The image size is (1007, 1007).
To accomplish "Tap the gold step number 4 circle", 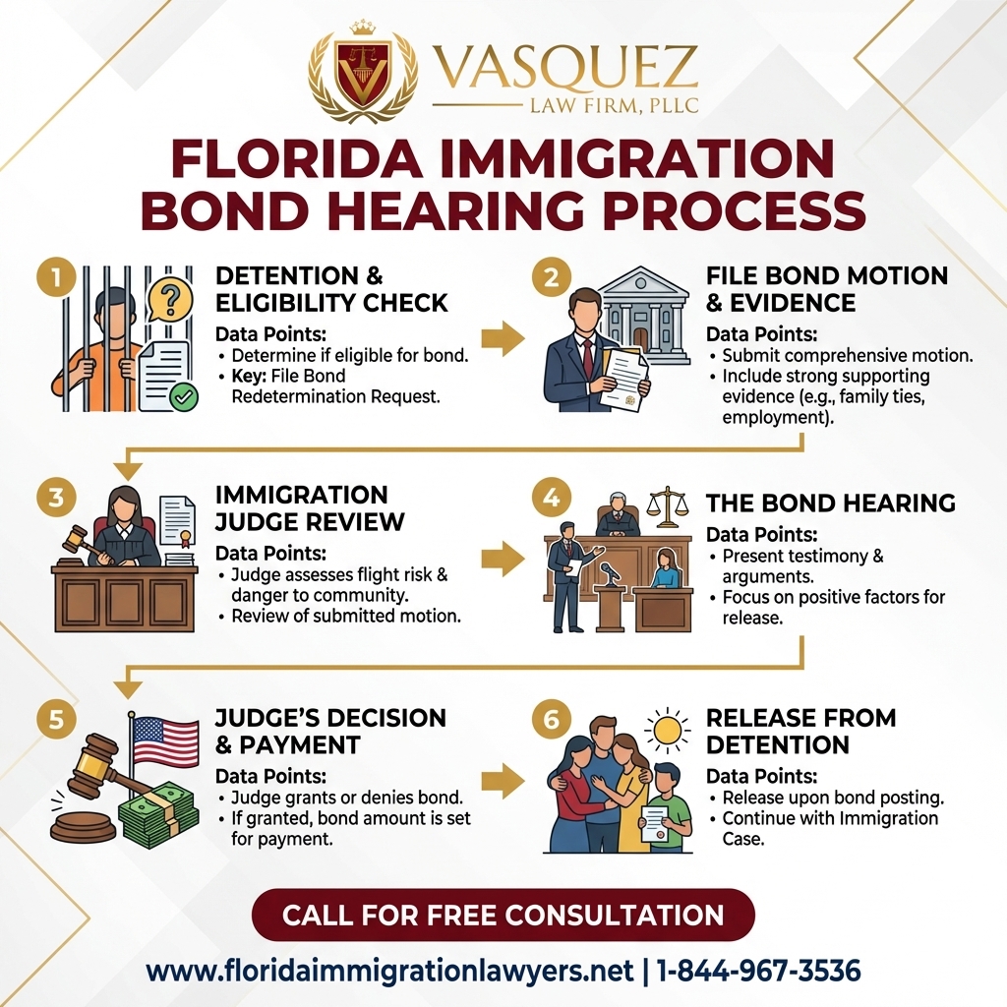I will pyautogui.click(x=550, y=499).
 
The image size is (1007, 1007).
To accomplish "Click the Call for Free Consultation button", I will pyautogui.click(x=503, y=916).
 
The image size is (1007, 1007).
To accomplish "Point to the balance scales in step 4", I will pyautogui.click(x=669, y=506).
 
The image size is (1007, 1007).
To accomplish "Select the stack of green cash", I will pyautogui.click(x=157, y=814).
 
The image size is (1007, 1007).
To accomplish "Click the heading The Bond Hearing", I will pyautogui.click(x=830, y=503).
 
